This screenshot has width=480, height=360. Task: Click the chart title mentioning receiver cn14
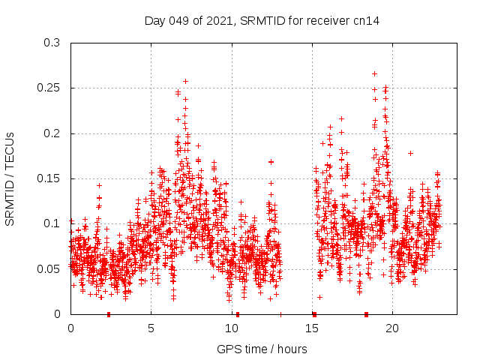(262, 20)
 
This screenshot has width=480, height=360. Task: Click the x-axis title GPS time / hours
(262, 349)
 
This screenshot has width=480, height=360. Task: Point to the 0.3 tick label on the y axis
(51, 43)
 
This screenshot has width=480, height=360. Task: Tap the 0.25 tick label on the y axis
(48, 88)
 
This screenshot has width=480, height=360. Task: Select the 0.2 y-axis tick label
(51, 133)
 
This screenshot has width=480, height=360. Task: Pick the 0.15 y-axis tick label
(48, 178)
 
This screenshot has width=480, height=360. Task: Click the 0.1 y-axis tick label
(51, 223)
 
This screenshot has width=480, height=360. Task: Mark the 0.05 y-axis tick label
(48, 268)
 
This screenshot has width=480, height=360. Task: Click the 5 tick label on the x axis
(151, 328)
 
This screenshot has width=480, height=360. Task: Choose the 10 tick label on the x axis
(232, 328)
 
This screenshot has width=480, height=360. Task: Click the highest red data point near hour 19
(374, 73)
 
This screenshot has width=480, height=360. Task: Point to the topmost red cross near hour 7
(185, 81)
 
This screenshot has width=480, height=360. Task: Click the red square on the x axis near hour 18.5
(367, 314)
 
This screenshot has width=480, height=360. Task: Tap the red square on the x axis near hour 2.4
(109, 314)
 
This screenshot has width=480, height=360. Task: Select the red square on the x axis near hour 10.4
(238, 314)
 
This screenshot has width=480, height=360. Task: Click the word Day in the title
(154, 20)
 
